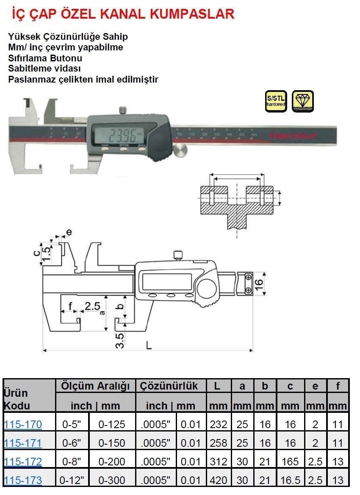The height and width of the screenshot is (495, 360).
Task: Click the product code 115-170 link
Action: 23,424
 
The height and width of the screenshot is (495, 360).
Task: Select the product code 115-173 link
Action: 23,480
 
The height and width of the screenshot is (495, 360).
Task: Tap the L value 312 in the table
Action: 218,462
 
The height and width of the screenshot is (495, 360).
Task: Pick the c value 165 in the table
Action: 290,462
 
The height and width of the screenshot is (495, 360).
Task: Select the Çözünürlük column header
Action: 169,386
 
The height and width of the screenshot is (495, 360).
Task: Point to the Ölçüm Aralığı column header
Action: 95,386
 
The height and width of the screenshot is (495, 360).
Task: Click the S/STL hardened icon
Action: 276,101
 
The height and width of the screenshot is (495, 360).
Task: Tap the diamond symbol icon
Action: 303,101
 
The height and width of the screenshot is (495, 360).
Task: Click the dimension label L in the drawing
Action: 148,345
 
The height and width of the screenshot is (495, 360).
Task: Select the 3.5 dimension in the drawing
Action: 120,340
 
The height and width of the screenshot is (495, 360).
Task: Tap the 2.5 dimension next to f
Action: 92,306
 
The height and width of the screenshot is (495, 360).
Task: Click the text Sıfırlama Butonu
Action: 45,58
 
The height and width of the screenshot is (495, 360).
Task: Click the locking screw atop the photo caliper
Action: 123,111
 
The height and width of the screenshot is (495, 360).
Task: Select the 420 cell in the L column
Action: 218,480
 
